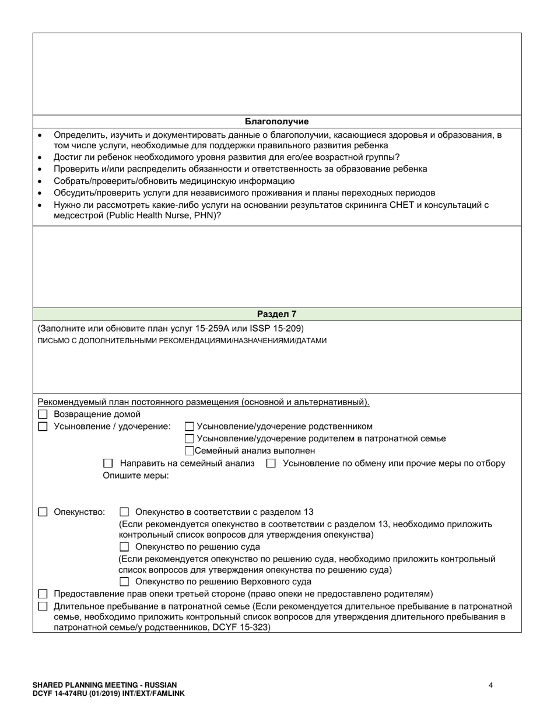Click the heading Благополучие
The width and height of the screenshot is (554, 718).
point(276,121)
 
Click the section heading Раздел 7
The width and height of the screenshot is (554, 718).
point(276,314)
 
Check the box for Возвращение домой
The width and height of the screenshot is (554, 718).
point(43,414)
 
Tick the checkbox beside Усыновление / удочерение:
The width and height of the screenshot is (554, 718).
point(43,427)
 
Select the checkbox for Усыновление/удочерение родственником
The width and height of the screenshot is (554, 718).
point(189,427)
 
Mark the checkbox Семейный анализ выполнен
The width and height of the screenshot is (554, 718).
point(189,451)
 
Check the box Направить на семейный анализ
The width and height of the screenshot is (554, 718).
point(108,463)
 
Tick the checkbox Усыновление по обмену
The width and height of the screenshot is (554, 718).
point(271,463)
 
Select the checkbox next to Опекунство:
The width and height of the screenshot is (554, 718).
point(43,512)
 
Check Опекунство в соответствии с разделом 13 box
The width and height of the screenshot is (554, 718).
point(124,512)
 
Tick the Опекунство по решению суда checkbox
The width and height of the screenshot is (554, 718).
point(124,547)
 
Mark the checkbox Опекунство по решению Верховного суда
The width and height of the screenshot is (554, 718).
point(124,581)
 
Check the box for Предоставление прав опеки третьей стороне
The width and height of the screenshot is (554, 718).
point(43,594)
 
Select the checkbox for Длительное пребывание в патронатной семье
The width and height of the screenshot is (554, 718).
point(43,607)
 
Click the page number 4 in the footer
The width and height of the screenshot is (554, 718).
point(490,685)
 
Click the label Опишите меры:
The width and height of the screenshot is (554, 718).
point(136,476)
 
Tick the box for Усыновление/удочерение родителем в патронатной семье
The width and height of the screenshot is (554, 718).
point(189,439)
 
